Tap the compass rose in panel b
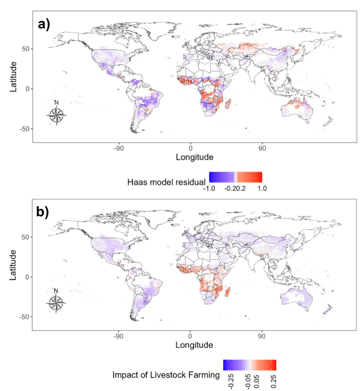[56, 303]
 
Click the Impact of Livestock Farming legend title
[166, 375]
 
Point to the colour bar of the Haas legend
[236, 177]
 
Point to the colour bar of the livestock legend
[250, 365]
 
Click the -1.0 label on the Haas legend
[210, 188]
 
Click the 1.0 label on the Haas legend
[262, 188]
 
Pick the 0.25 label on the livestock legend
[273, 380]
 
